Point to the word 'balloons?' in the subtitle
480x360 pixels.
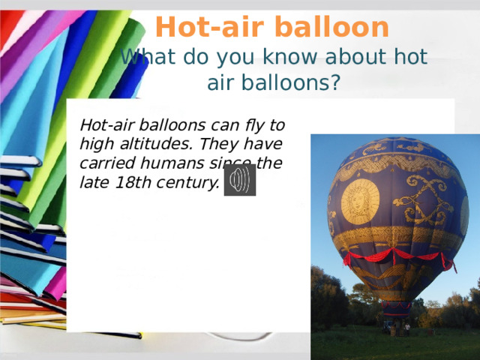tap(274, 82)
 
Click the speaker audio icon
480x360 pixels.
tap(240, 180)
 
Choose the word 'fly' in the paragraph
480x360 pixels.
tap(259, 124)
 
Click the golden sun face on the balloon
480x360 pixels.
tap(360, 199)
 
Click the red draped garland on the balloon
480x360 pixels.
tap(397, 256)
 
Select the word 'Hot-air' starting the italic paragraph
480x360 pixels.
tap(105, 124)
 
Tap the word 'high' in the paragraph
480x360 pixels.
tap(94, 143)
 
